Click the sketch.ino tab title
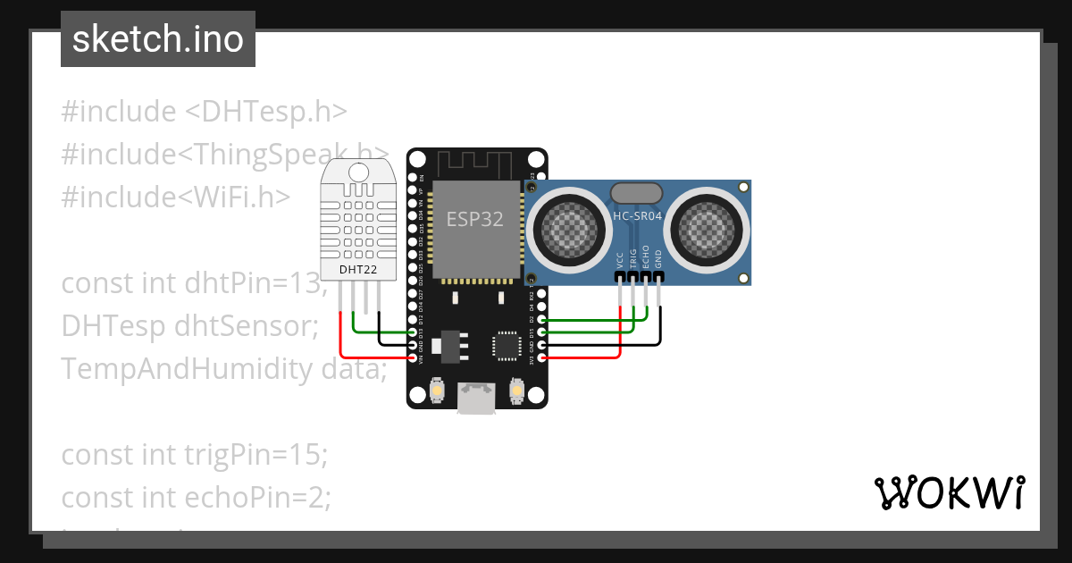pos(158,39)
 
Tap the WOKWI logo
pos(948,493)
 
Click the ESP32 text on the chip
pos(474,219)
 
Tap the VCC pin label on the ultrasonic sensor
pos(620,260)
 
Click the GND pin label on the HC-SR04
pos(658,259)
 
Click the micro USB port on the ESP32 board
pos(476,399)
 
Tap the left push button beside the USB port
pos(438,391)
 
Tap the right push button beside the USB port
pos(515,391)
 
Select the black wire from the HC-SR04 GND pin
pos(661,326)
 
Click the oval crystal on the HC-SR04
pos(636,192)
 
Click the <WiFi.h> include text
pos(237,197)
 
